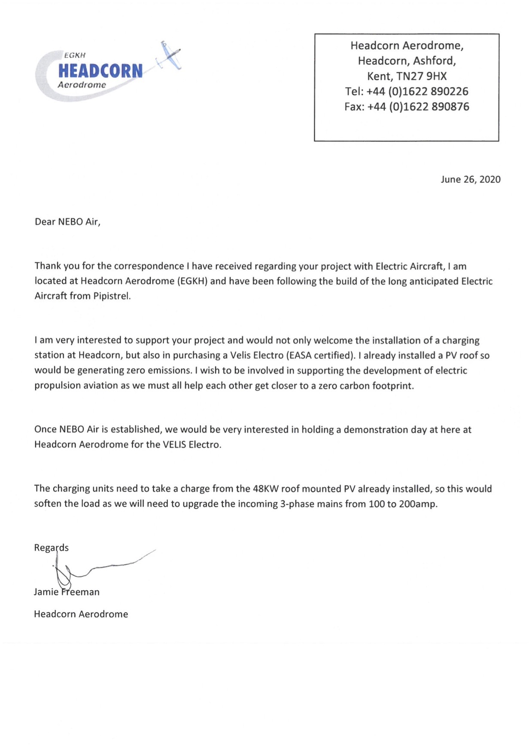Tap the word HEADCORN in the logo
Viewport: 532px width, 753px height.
pos(100,71)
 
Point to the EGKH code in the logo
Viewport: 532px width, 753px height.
pos(75,55)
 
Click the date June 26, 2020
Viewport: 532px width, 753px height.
pos(470,179)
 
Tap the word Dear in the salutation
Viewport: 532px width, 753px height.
pos(45,222)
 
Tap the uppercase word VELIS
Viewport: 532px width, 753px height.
pos(174,444)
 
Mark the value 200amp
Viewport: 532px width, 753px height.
pos(418,504)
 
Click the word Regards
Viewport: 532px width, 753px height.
pos(51,548)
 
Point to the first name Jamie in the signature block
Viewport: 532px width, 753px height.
pos(46,592)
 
